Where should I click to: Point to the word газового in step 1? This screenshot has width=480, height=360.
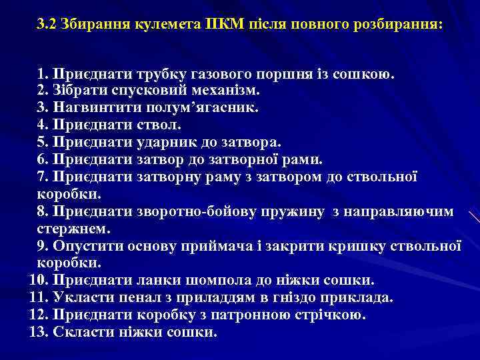(x=225, y=73)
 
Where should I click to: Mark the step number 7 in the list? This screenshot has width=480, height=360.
(x=42, y=177)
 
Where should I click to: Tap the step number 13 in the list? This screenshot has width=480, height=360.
(x=37, y=333)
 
